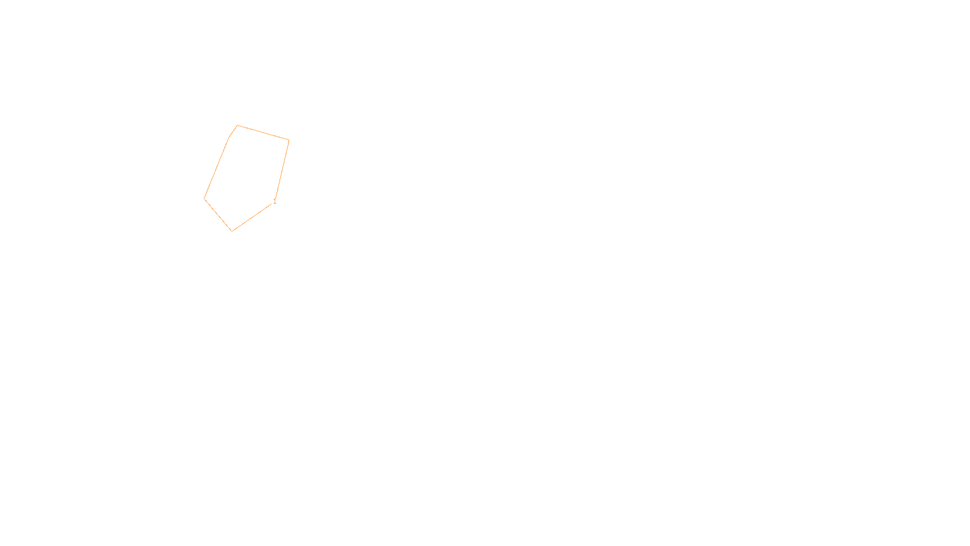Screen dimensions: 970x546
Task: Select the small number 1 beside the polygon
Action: coord(275,201)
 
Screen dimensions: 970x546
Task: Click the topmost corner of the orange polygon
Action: coord(237,126)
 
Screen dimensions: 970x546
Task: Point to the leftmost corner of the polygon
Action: coord(204,198)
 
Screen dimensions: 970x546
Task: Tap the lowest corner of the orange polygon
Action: coord(232,231)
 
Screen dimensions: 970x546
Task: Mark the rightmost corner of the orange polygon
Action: coord(289,140)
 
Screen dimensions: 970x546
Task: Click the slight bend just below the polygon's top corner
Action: coord(229,137)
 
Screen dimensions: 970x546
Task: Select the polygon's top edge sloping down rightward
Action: coord(263,133)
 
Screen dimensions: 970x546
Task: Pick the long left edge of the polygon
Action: coord(216,168)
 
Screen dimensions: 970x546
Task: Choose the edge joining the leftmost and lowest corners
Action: coord(218,215)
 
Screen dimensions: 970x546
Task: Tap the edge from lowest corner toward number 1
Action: coord(252,217)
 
